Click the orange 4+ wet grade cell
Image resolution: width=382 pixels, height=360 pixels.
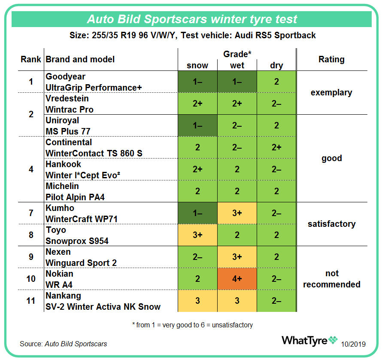click(237, 279)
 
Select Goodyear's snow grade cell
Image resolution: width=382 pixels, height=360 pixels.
click(197, 82)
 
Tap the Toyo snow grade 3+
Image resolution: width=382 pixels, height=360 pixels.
click(197, 235)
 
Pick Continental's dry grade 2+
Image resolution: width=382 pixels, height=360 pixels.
click(276, 147)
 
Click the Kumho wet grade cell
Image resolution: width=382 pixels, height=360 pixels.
click(237, 213)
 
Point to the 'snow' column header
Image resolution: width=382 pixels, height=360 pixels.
click(197, 65)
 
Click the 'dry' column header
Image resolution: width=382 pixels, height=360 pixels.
click(276, 65)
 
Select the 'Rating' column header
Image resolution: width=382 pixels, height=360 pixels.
click(331, 59)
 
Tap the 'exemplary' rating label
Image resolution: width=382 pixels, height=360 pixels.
click(331, 92)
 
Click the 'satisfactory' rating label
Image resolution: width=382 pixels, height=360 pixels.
click(331, 224)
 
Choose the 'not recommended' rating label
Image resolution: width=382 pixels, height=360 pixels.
click(331, 279)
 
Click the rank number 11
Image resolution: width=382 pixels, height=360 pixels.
click(31, 301)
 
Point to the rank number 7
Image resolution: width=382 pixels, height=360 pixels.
click(31, 213)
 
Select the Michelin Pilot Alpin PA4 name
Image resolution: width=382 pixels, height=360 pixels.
click(75, 191)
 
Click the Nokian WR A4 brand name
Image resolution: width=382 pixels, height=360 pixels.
click(60, 279)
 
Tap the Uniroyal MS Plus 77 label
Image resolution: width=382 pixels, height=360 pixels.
click(68, 125)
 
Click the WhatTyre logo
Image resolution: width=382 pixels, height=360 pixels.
click(309, 340)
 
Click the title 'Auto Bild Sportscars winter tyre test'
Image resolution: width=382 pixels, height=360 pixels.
click(192, 19)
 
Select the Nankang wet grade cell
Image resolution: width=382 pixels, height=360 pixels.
click(237, 301)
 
